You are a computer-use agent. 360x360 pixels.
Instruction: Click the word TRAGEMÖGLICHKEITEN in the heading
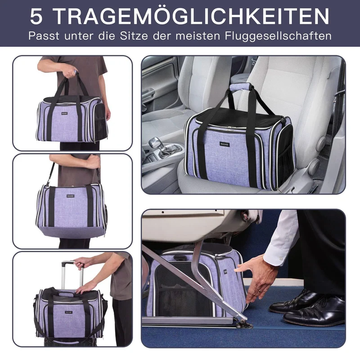192,17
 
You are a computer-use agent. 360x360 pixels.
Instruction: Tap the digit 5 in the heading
36,17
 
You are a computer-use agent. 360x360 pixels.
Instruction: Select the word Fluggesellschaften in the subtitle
278,36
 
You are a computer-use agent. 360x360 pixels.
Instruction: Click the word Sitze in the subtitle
134,36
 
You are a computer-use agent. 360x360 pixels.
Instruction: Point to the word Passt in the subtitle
44,36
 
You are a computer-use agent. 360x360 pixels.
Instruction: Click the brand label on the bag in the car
224,144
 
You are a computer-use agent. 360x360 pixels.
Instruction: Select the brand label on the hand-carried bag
64,113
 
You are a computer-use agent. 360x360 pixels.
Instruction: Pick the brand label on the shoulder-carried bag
71,196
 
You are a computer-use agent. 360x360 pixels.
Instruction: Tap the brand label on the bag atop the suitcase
68,312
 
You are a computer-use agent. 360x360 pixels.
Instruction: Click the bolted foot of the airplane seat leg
245,324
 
